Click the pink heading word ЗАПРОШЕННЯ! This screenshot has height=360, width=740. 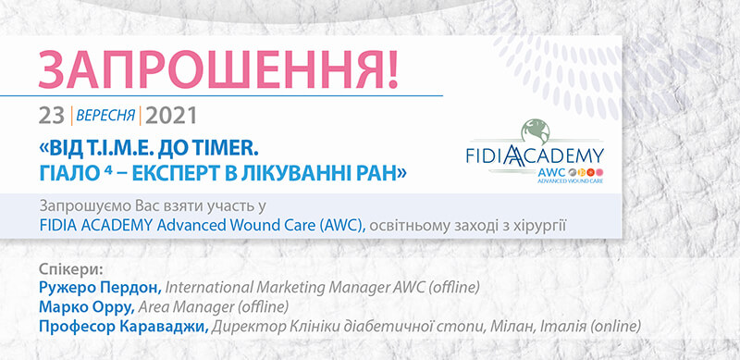218,69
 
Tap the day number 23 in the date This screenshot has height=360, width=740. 52,116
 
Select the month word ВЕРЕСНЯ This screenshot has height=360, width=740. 105,116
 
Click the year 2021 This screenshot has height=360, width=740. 170,116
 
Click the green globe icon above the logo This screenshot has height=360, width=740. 536,130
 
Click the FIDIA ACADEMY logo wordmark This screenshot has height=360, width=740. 536,156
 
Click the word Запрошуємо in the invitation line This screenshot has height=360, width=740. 80,207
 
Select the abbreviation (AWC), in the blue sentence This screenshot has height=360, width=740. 342,225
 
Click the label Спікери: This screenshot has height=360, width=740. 71,269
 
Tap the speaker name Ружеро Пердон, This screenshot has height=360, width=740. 101,287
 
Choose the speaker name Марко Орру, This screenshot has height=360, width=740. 87,306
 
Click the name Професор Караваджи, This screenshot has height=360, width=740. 124,326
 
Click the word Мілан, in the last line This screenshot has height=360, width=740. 521,326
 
